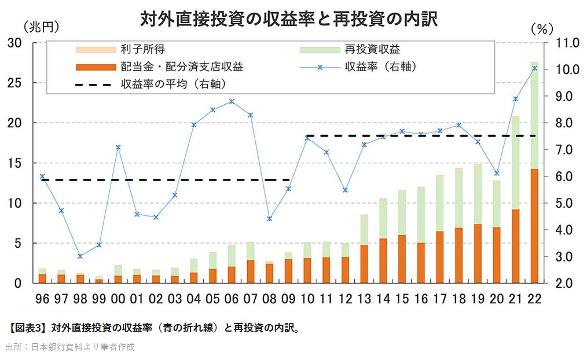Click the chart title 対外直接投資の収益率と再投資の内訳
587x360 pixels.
tap(288, 19)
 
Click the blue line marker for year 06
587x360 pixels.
tap(232, 101)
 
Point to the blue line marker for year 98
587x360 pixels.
tap(80, 256)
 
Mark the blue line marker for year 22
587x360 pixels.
tap(534, 68)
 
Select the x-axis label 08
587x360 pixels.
tap(269, 300)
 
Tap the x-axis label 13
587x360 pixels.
tap(364, 300)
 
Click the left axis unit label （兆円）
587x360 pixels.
tap(41, 27)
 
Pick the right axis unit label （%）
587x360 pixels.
tap(542, 27)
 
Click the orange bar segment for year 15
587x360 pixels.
tap(402, 259)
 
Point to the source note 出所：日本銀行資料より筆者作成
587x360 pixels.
tap(70, 347)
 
